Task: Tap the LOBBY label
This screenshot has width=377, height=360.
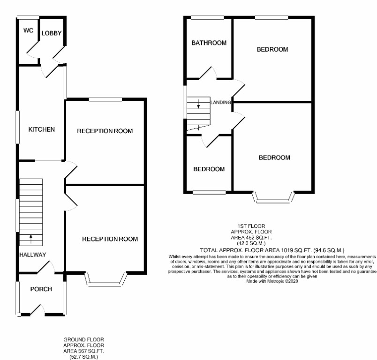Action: pyautogui.click(x=51, y=33)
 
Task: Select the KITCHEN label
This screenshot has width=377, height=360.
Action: pyautogui.click(x=42, y=129)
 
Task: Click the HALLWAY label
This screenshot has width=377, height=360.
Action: pyautogui.click(x=33, y=255)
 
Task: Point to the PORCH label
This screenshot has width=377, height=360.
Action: pyautogui.click(x=41, y=289)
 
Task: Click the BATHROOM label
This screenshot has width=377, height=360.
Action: pyautogui.click(x=209, y=43)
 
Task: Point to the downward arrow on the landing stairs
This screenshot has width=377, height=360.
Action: pyautogui.click(x=199, y=104)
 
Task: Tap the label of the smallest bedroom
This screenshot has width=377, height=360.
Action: pyautogui.click(x=209, y=169)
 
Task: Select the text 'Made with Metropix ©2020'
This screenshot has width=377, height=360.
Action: pyautogui.click(x=272, y=281)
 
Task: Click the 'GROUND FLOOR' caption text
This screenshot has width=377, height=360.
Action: pyautogui.click(x=84, y=338)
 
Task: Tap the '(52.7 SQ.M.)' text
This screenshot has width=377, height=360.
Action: pyautogui.click(x=84, y=356)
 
